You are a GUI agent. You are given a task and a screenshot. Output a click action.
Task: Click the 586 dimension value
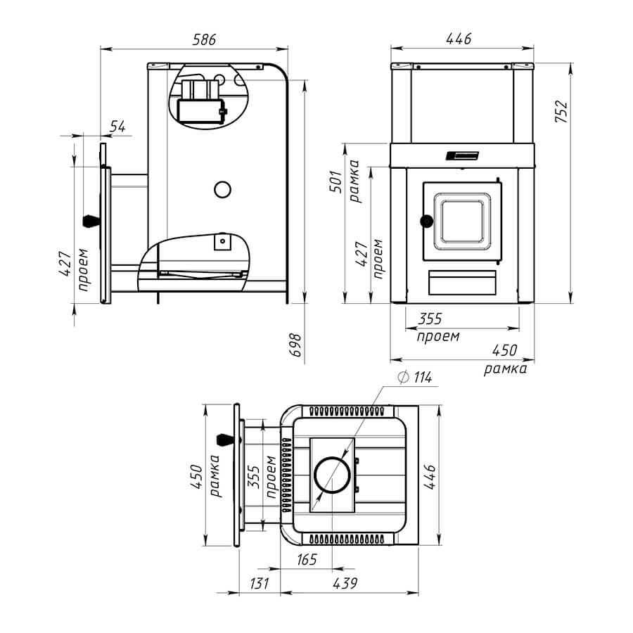[x=204, y=39]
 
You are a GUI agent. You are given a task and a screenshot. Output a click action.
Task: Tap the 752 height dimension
[x=561, y=111]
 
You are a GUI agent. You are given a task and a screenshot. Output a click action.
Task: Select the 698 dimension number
[x=296, y=345]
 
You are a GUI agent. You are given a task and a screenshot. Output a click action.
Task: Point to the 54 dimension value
[x=118, y=127]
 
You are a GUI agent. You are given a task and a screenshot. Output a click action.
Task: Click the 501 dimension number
[x=336, y=181]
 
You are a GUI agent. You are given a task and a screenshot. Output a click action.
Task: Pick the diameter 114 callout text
[x=415, y=378]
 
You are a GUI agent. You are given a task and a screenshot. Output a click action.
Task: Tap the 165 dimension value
[x=307, y=560]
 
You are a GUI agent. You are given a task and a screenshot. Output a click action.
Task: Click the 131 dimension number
[x=259, y=583]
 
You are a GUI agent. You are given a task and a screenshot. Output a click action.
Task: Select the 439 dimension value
[x=345, y=583]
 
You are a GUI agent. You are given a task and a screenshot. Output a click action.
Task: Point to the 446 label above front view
[x=459, y=39]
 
